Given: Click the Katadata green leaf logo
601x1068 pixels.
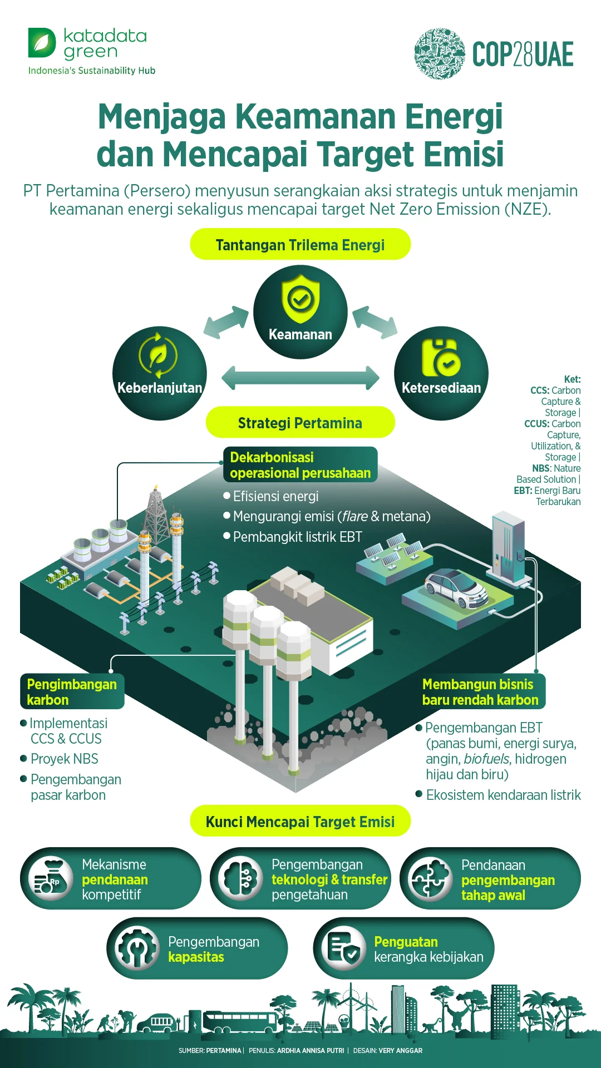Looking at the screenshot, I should pos(42,43).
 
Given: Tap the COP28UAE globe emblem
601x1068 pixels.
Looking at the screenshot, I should pos(439,54).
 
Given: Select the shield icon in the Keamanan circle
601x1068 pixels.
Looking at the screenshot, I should pos(300,299).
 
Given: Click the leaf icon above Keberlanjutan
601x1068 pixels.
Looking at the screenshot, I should pos(159,355).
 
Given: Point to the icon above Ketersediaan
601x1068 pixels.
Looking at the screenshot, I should pos(441,358).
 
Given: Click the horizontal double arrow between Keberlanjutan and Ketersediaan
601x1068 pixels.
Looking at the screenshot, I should pos(300,378).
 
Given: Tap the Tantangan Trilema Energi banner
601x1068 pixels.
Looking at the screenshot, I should pos(300,245).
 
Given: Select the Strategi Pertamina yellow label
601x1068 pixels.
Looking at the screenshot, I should pos(300,423).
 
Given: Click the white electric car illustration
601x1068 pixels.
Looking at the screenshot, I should pos(456,588).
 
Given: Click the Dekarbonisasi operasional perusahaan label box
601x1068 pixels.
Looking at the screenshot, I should pos(300,465).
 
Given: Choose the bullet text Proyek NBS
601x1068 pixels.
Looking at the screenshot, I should pos(64,759).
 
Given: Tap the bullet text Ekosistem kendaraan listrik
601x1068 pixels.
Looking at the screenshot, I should pos(503,795).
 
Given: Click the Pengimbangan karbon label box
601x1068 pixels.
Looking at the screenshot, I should pos(72,692).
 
